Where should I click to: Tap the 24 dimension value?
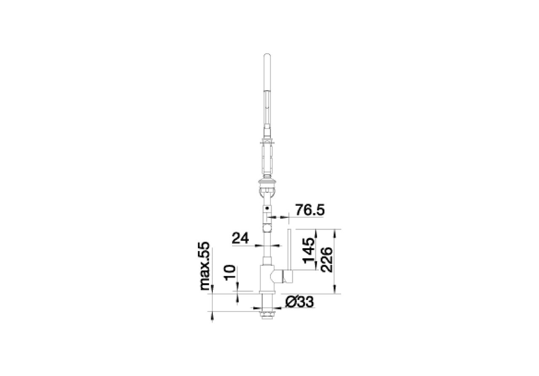pyautogui.click(x=240, y=238)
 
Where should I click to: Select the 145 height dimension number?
pyautogui.click(x=309, y=250)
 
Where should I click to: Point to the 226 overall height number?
pyautogui.click(x=326, y=260)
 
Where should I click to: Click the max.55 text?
pyautogui.click(x=204, y=266)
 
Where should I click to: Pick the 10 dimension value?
pyautogui.click(x=229, y=273)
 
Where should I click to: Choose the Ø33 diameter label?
pyautogui.click(x=299, y=302)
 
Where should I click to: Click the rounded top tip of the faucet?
pyautogui.click(x=267, y=55)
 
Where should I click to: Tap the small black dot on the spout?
pyautogui.click(x=267, y=208)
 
